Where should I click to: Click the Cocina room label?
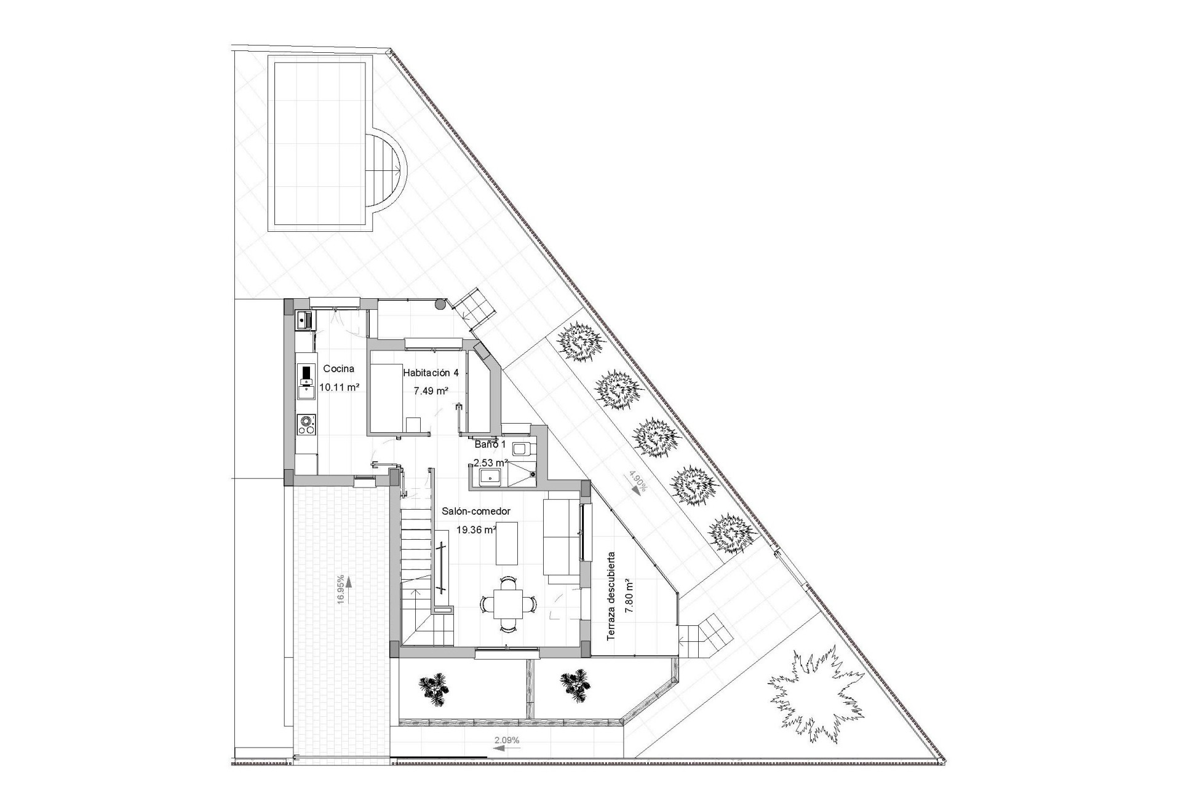coord(338,369)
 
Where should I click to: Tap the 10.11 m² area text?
coord(339,387)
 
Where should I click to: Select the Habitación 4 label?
coord(431,372)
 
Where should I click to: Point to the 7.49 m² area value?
coord(431,391)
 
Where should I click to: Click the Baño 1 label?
coord(490,444)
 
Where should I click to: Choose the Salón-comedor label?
coord(476,511)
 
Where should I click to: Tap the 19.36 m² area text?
coord(476,529)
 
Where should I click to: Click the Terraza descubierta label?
coord(611,596)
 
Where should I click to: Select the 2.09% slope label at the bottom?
coord(507,740)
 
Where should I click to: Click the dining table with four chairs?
coord(508,603)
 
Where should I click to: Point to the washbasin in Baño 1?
coord(491,475)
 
